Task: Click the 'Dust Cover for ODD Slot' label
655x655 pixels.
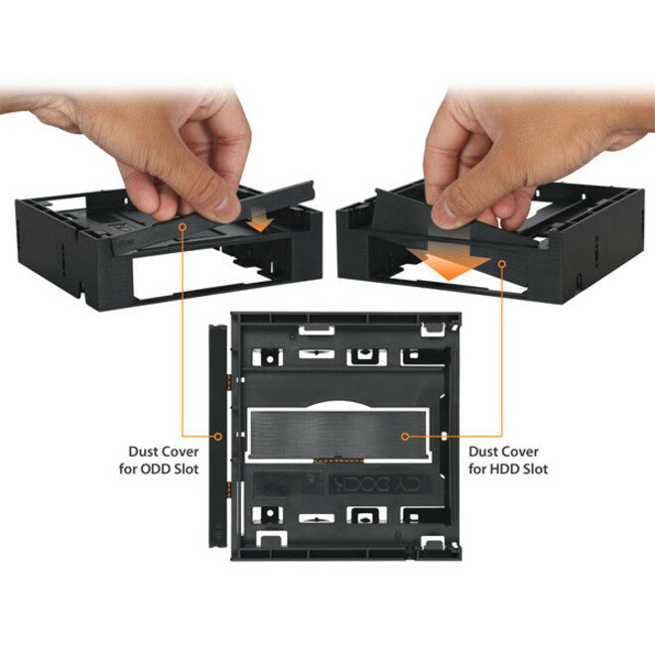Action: [x=163, y=459]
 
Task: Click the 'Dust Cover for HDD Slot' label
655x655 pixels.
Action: [x=507, y=459]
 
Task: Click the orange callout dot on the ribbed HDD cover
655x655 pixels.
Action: [x=406, y=435]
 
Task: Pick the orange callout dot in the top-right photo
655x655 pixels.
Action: [x=502, y=263]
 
